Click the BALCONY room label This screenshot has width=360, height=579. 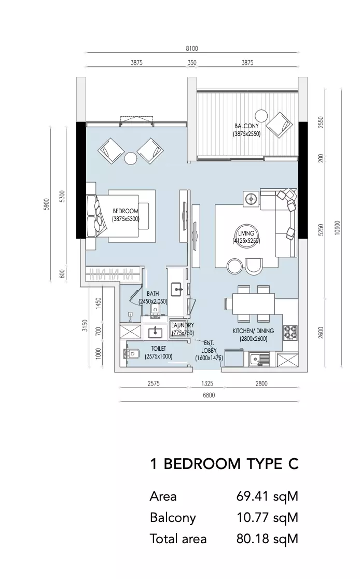click(246, 126)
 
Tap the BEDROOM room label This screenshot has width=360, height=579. click(126, 211)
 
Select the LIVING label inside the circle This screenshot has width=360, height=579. click(246, 233)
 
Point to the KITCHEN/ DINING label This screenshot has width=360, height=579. click(253, 331)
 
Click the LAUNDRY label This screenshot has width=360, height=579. click(183, 325)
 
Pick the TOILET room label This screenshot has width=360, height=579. click(158, 349)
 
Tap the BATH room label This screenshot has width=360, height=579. click(153, 294)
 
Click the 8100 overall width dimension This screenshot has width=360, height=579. click(192, 48)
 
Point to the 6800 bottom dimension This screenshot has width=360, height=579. click(209, 395)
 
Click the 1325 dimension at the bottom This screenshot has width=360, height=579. click(207, 383)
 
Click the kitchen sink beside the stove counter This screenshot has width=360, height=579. click(259, 359)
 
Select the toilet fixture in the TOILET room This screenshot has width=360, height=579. click(130, 354)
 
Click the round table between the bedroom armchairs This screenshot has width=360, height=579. click(131, 159)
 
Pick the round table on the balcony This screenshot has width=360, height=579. click(262, 116)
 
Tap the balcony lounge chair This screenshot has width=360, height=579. click(280, 125)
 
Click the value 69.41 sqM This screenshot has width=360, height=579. click(267, 497)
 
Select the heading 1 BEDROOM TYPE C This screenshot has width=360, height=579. click(224, 464)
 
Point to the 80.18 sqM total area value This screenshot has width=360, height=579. click(267, 539)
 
